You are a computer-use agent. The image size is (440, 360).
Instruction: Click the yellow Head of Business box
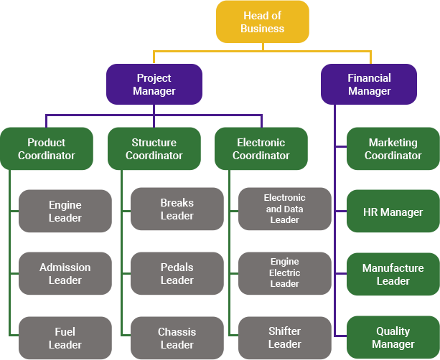(x=263, y=22)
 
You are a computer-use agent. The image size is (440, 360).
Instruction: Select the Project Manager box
(x=154, y=85)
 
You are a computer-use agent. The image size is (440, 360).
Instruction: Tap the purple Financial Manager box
(x=369, y=85)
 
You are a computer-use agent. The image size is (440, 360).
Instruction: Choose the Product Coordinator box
(x=47, y=148)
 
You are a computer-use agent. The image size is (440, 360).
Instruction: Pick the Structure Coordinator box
(x=154, y=148)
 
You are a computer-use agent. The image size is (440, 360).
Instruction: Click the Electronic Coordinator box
(x=261, y=148)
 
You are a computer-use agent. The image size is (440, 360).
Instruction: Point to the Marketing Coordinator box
(x=393, y=148)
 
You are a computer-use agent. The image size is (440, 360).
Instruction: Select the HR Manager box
(x=393, y=212)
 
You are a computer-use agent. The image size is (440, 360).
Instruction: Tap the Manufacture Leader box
(x=393, y=274)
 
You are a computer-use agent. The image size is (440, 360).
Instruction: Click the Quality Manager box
(x=393, y=337)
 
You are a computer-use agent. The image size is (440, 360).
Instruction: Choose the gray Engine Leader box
(x=65, y=211)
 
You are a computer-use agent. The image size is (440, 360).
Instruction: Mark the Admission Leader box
(x=65, y=274)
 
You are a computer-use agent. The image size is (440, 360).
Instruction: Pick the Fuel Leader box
(x=65, y=338)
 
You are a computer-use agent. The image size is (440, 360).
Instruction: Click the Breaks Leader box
(x=177, y=209)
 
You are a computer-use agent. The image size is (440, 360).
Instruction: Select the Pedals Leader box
(x=177, y=274)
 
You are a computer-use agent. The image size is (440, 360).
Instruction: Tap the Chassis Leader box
(x=177, y=338)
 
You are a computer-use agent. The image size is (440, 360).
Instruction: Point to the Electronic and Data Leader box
(x=284, y=209)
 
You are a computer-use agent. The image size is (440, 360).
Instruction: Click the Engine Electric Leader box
(x=284, y=273)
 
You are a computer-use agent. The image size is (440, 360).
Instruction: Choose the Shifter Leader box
(x=284, y=338)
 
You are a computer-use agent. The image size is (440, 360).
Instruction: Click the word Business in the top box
(x=263, y=29)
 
